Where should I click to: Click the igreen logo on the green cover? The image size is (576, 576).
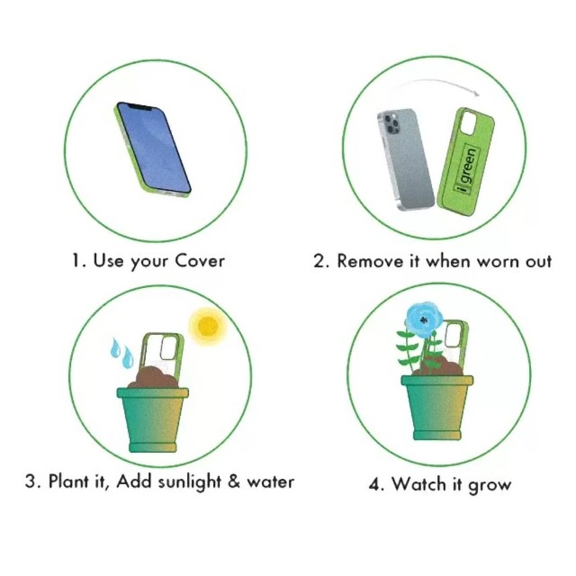(467, 169)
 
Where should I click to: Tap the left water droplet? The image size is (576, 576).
(116, 348)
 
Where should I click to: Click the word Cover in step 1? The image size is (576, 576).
(200, 261)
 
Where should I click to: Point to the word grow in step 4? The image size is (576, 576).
(490, 486)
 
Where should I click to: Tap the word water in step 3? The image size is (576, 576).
(271, 482)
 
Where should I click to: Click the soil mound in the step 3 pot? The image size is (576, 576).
(153, 377)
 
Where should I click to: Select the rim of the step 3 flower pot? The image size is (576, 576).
(153, 392)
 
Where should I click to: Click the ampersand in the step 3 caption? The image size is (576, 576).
(234, 481)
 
